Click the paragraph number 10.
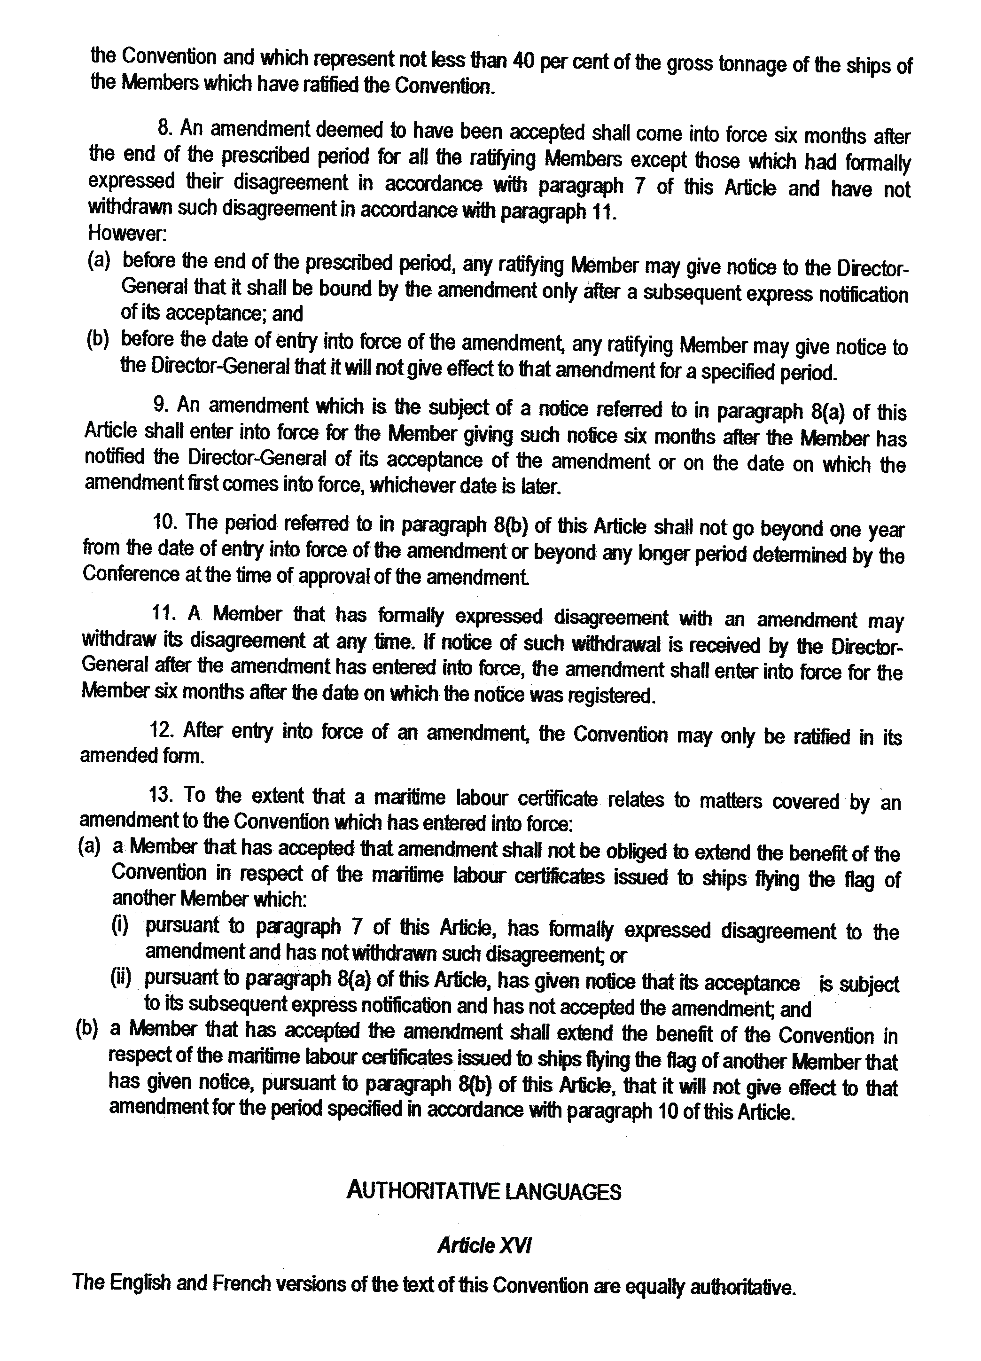tap(164, 523)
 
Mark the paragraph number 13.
tap(161, 795)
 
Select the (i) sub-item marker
tap(120, 926)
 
